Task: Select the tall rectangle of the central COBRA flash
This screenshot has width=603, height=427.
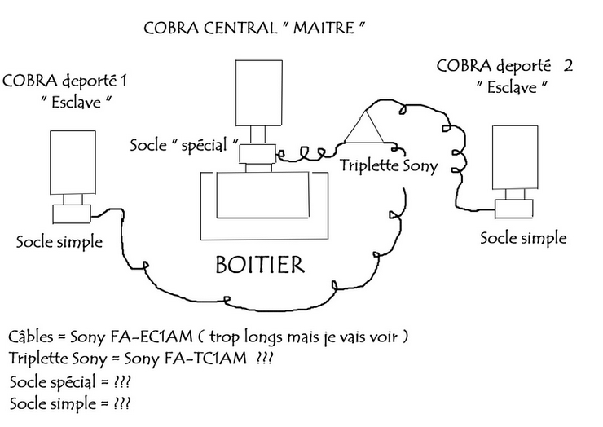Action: [x=257, y=91]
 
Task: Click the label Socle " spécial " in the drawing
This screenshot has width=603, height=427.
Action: [x=184, y=146]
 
